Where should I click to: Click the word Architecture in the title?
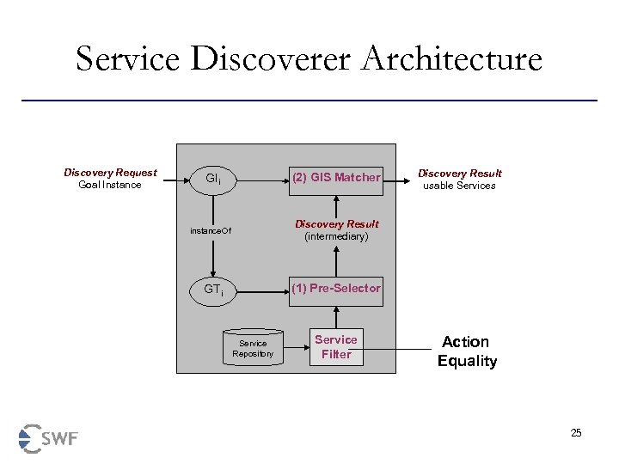pos(452,59)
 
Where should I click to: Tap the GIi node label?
pos(213,180)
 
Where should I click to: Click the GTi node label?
pos(213,290)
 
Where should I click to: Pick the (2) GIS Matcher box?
pos(336,177)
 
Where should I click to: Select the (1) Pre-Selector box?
pos(336,288)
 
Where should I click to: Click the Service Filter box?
pos(336,347)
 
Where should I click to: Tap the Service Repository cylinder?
pos(253,347)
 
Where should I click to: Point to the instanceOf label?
pos(211,230)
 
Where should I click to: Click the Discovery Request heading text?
pos(110,173)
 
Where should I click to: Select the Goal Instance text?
pos(110,185)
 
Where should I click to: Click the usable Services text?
pos(459,186)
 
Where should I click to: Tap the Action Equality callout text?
pos(467,351)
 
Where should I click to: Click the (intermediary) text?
pos(336,236)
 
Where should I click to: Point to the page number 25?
pos(576,433)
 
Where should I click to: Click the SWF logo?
pos(48,438)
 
